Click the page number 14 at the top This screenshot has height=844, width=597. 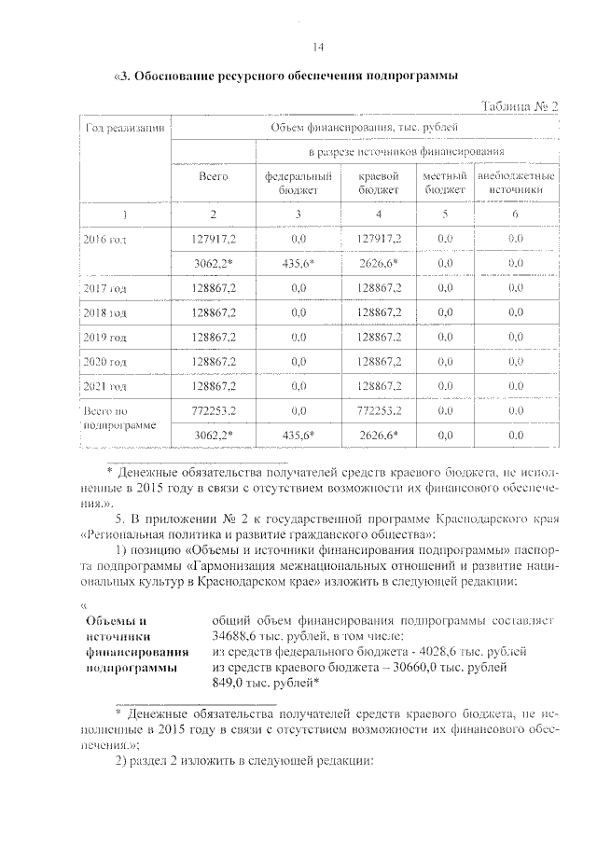[317, 48]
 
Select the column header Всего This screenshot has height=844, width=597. [214, 175]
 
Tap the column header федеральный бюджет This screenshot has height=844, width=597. [298, 182]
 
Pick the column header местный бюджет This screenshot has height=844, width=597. [444, 182]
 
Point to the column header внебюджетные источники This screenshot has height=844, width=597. [516, 182]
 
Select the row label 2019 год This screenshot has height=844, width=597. [104, 336]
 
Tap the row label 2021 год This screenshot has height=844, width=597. [104, 384]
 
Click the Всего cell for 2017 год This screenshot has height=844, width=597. [214, 287]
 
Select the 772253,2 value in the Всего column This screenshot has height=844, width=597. [214, 408]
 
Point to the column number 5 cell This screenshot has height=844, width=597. [444, 214]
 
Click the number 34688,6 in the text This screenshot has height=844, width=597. [240, 634]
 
